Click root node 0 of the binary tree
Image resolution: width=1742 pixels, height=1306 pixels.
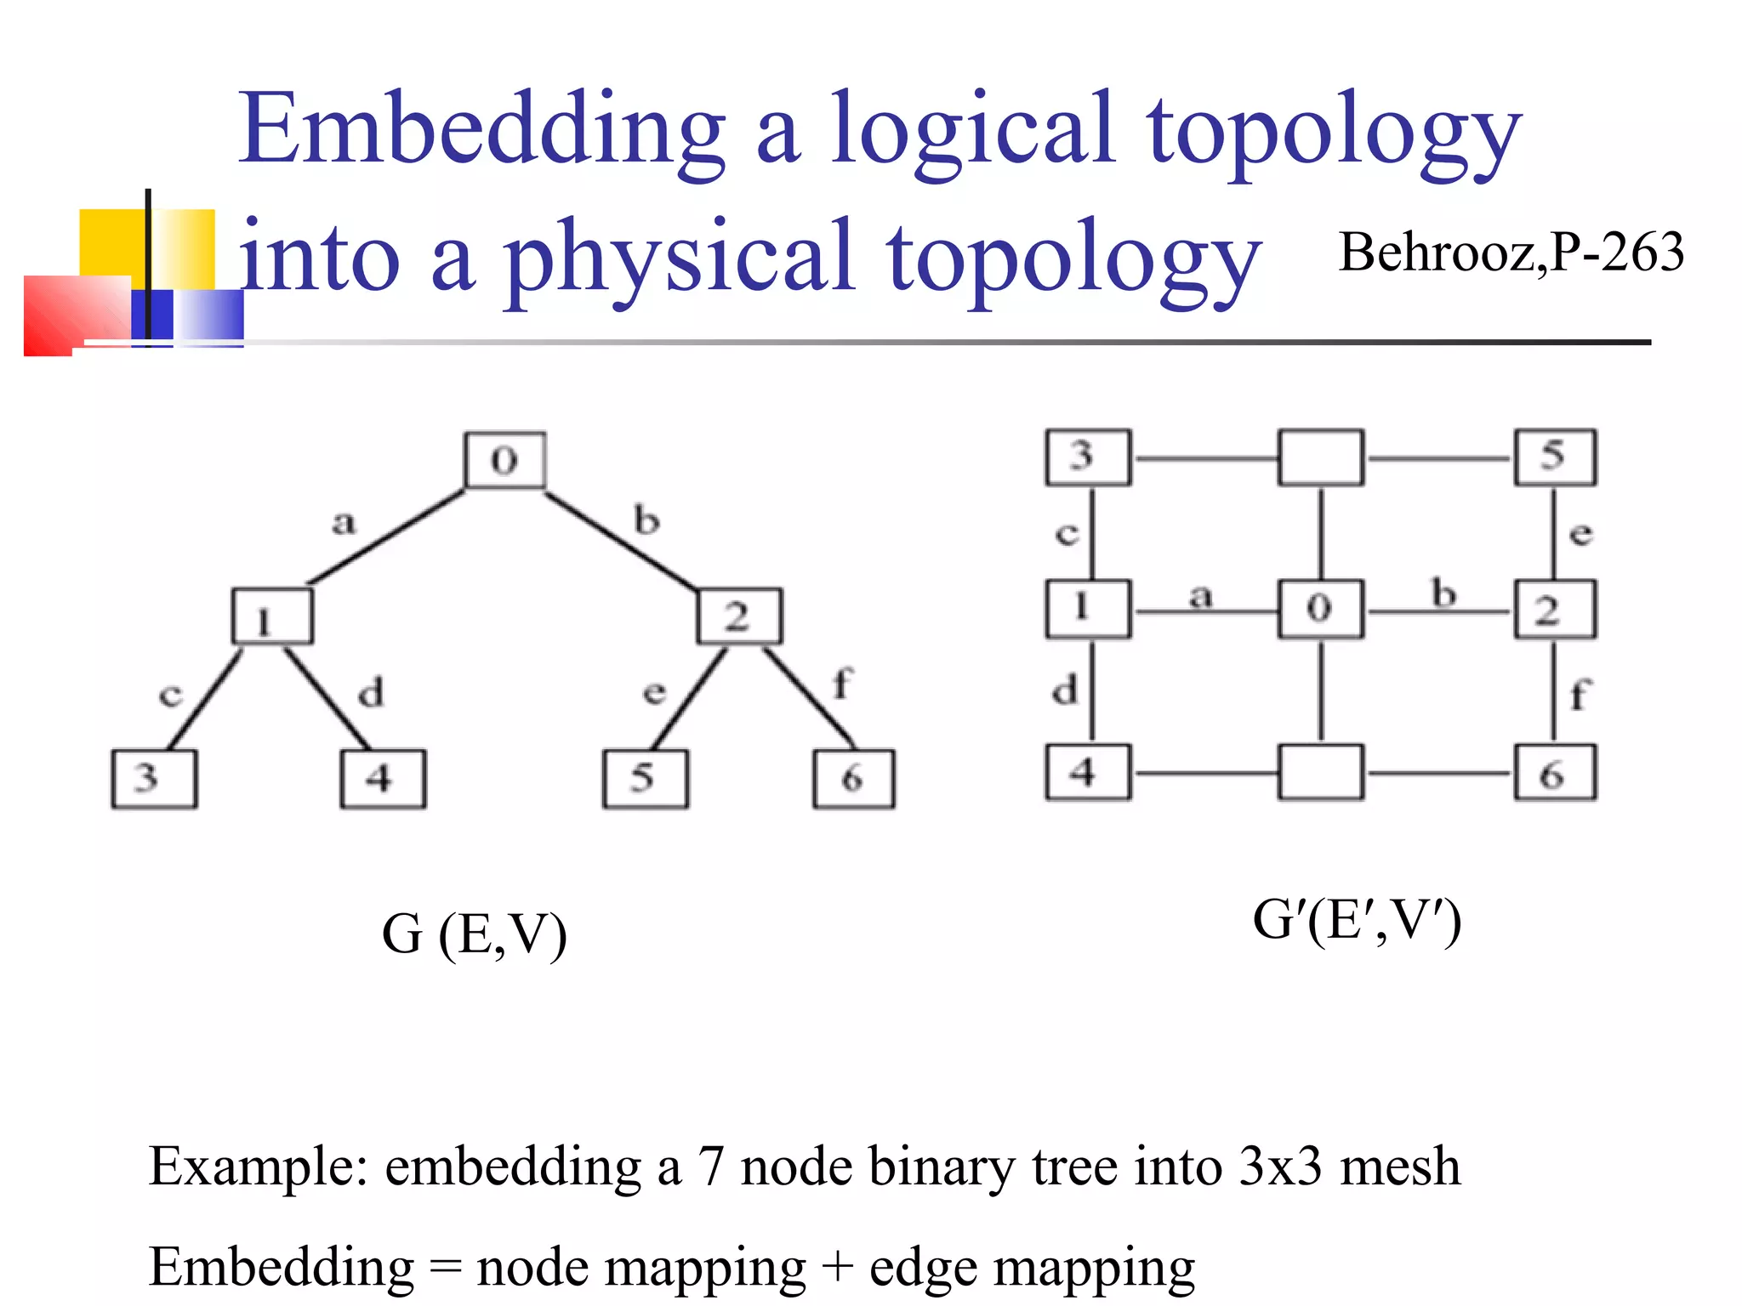[504, 460]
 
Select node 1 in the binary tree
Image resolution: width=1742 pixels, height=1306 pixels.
[272, 616]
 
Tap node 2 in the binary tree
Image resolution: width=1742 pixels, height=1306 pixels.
[739, 616]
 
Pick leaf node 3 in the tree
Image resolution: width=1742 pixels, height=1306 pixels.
[154, 778]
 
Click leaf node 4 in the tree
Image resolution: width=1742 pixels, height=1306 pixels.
[383, 778]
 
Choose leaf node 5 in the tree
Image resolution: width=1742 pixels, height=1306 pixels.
[646, 778]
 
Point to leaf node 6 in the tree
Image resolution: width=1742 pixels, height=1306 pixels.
[853, 778]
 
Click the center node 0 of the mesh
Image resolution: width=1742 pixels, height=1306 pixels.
[1320, 609]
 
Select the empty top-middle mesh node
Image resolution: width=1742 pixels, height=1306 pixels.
[1320, 457]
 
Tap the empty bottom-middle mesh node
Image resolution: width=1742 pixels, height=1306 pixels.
[1320, 772]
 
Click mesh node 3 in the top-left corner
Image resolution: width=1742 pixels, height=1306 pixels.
[1088, 457]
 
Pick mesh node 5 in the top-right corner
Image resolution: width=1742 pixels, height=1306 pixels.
[1554, 457]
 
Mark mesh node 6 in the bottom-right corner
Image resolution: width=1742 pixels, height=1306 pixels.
[1554, 772]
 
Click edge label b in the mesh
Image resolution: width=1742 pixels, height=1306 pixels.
[1443, 593]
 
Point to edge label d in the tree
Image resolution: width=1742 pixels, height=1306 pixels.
[371, 692]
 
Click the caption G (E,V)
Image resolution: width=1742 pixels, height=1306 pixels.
[474, 934]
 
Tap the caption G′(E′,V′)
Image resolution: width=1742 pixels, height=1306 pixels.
[1357, 920]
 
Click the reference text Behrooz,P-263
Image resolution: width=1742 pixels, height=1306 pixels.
[1511, 253]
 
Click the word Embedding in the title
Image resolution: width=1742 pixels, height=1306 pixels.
[481, 129]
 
